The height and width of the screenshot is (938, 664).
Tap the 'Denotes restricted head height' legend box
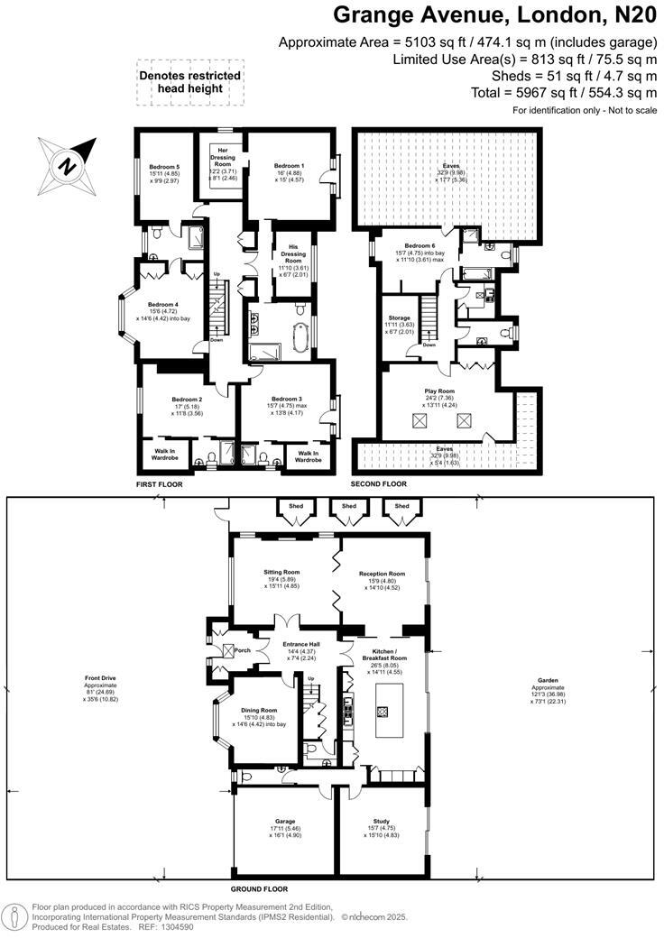(x=189, y=82)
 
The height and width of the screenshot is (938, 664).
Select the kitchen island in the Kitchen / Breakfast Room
(x=383, y=711)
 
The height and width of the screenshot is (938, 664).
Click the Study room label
(x=381, y=827)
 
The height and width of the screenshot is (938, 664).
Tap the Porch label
(x=242, y=650)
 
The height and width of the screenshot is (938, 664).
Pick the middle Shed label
(x=347, y=507)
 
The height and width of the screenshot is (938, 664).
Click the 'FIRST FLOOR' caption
(x=160, y=484)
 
